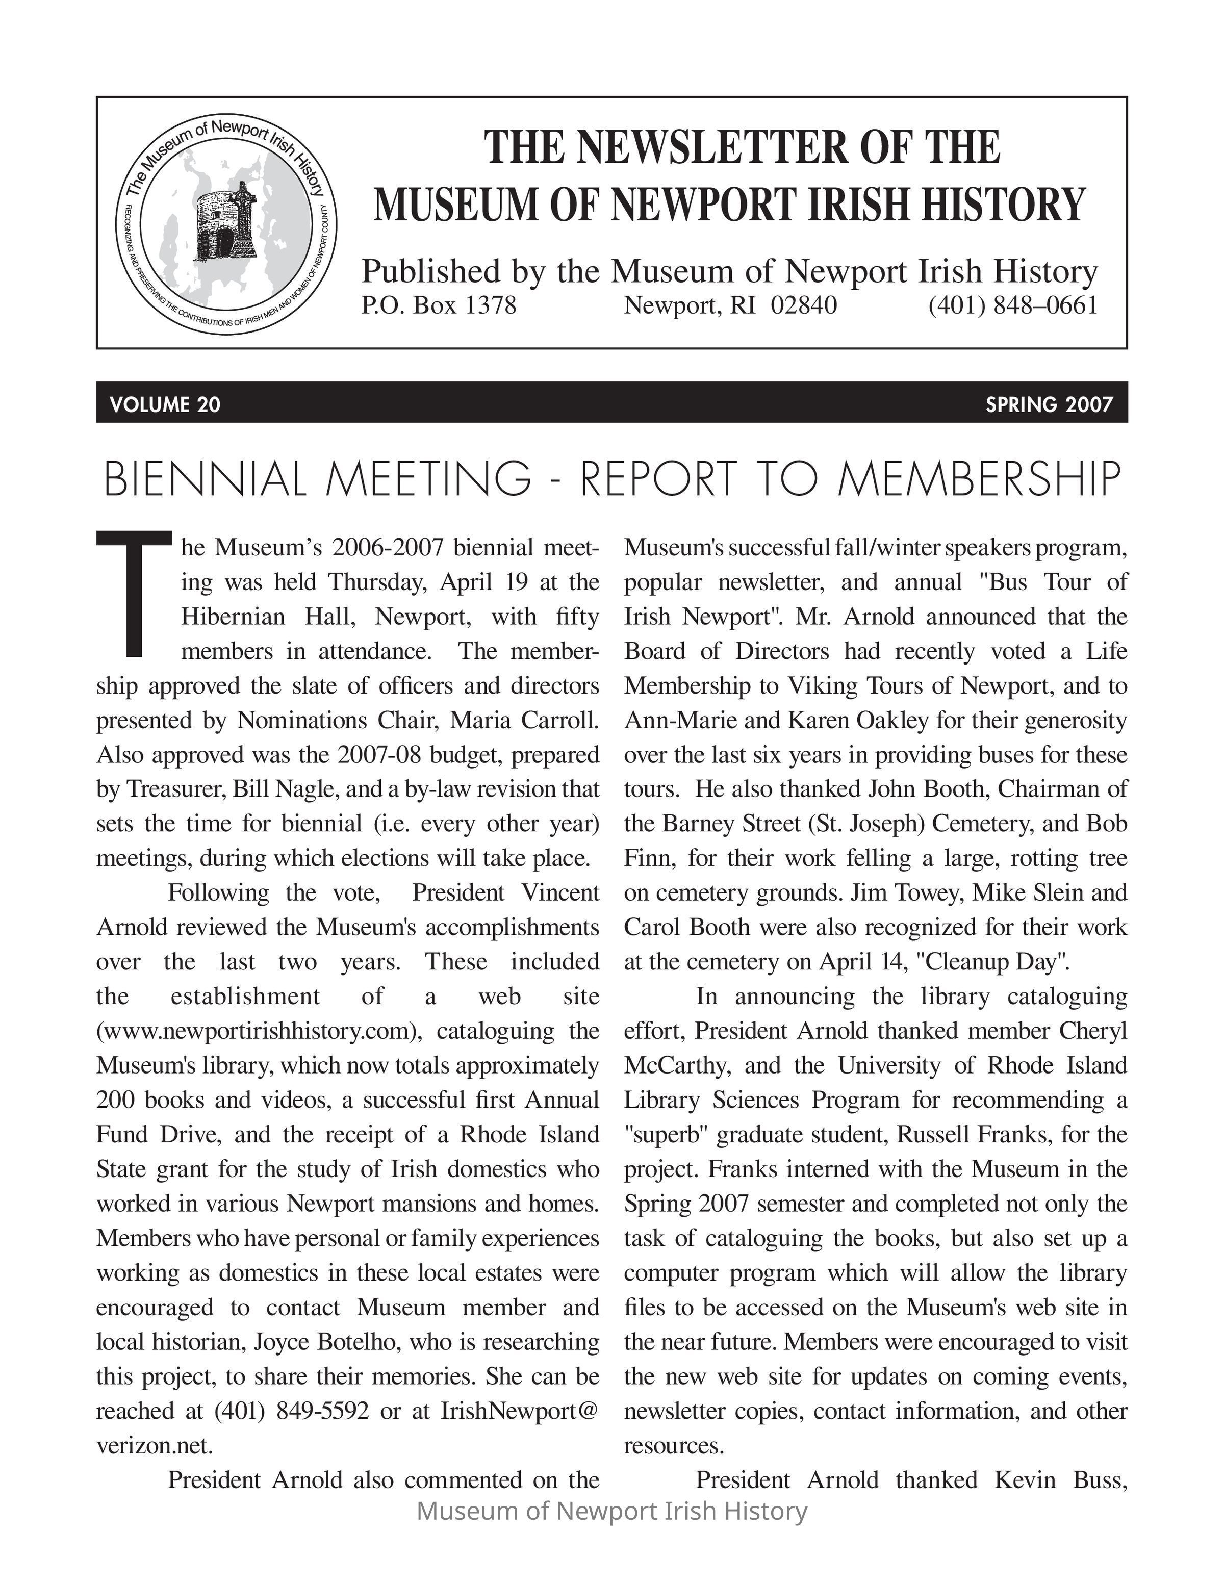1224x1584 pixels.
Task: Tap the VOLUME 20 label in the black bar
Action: point(165,404)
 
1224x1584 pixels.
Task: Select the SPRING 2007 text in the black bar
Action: point(1049,404)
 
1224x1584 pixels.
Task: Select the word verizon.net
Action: point(155,1445)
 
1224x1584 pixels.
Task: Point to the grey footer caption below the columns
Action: point(612,1511)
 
